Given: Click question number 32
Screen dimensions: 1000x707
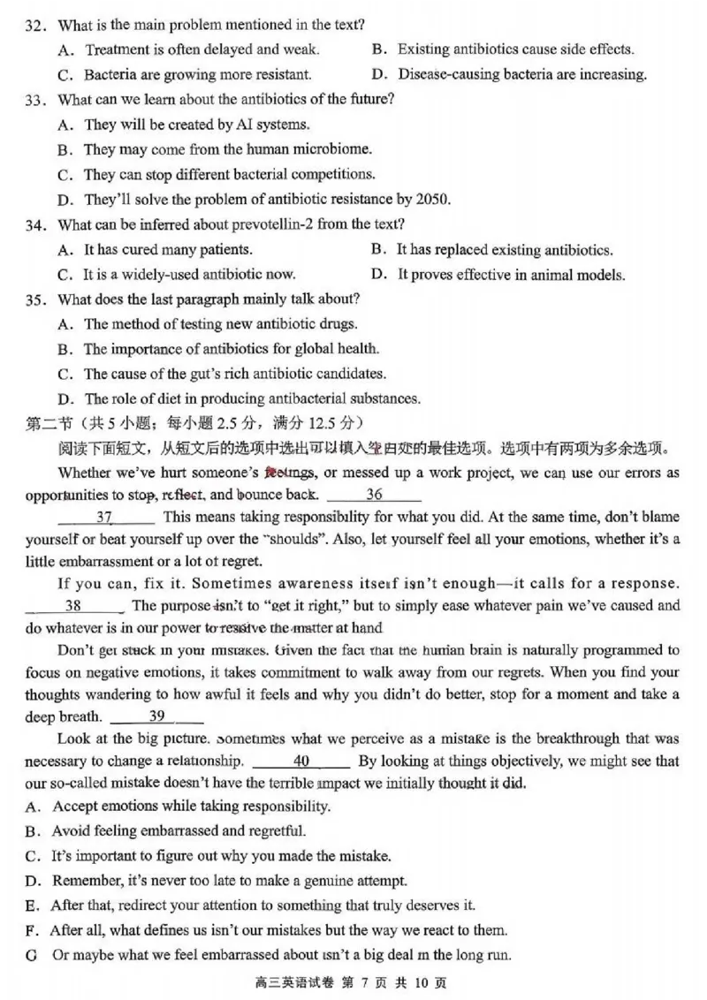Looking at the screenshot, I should (35, 25).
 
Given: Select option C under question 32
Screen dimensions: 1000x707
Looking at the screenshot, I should (65, 75).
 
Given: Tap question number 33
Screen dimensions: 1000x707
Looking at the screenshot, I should (35, 100).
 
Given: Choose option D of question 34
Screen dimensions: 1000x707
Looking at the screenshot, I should (379, 275).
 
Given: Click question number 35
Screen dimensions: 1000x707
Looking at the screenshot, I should (35, 299).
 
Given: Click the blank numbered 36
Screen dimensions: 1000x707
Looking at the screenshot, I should (374, 496).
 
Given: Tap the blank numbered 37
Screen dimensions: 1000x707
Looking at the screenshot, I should (104, 517).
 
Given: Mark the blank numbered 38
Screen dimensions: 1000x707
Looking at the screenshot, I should (74, 606).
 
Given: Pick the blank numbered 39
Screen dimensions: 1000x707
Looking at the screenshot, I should (156, 716).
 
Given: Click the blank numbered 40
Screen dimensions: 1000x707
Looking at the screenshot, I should (300, 761).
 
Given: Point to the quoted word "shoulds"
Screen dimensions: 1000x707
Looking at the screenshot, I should (286, 539).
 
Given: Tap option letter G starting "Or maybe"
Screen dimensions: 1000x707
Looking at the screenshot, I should (33, 955).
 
